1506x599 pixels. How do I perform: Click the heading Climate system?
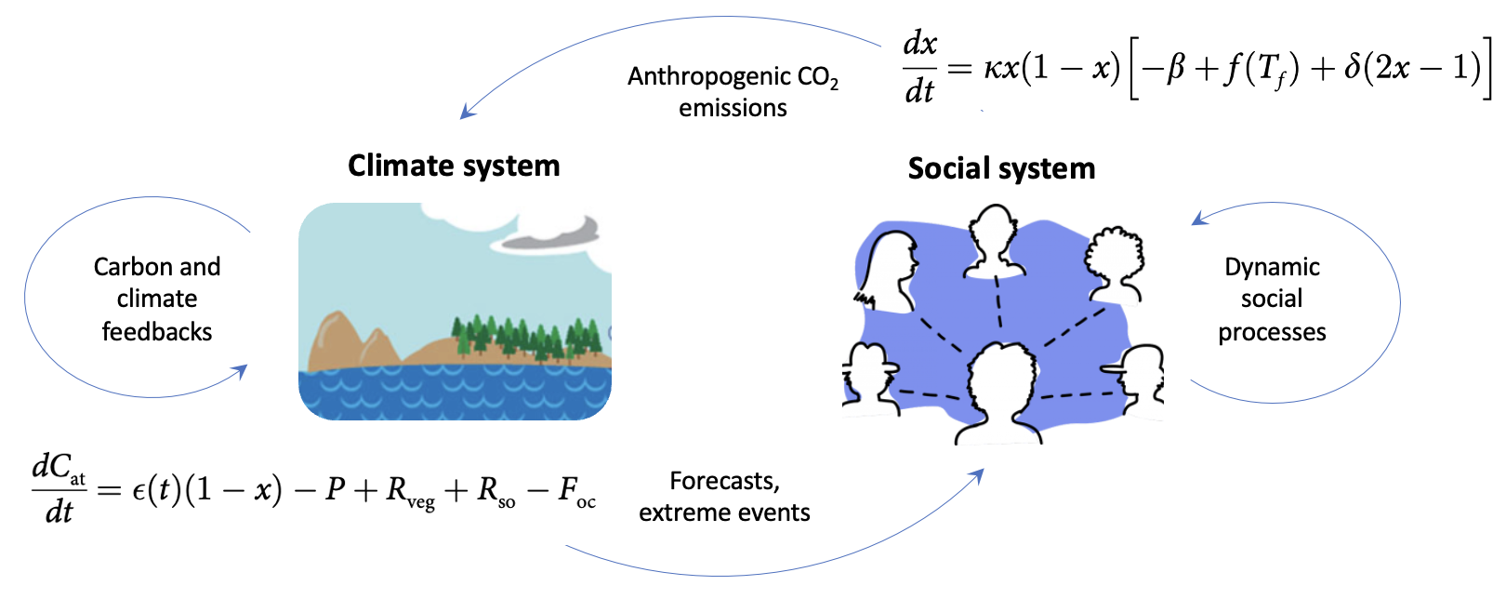click(x=454, y=166)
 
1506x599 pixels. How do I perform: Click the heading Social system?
click(x=1001, y=168)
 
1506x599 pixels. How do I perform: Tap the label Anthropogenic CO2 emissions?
click(x=733, y=91)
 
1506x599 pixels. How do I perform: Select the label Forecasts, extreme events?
click(x=724, y=497)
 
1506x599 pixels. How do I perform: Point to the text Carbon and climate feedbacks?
click(x=157, y=299)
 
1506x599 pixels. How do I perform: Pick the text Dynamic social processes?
click(x=1272, y=299)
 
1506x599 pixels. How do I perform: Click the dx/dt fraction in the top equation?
click(x=920, y=67)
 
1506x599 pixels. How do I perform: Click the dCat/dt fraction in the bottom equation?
click(x=59, y=488)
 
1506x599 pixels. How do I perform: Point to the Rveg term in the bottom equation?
click(x=410, y=491)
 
